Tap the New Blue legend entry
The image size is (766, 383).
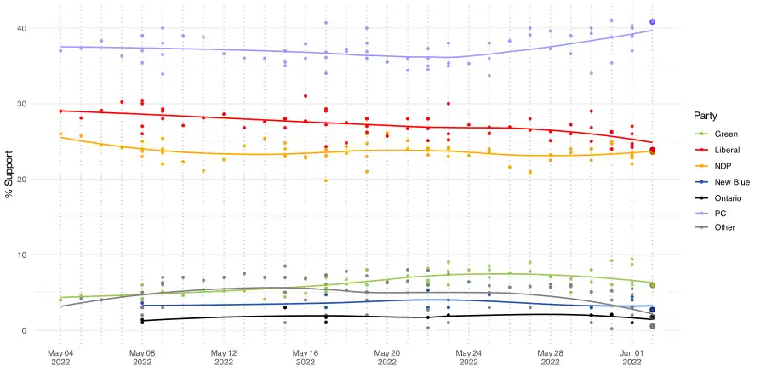pos(731,181)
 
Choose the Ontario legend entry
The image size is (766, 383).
pos(727,197)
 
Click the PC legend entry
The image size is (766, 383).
pos(720,212)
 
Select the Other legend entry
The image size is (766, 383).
pos(724,227)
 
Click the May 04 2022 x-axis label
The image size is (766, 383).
pos(60,357)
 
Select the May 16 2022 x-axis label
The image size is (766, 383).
pos(305,357)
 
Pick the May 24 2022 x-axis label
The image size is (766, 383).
pos(468,357)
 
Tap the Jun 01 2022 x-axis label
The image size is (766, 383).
pos(632,357)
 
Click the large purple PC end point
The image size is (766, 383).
pos(652,22)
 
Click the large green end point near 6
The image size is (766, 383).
pos(652,285)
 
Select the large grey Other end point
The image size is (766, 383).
pos(652,326)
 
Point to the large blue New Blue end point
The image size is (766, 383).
pos(652,310)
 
